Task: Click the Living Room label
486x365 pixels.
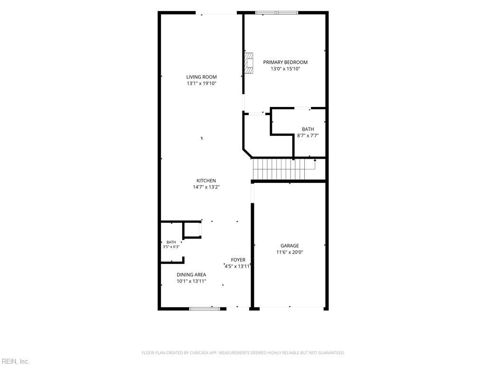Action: [201, 77]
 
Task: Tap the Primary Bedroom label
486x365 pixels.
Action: [285, 62]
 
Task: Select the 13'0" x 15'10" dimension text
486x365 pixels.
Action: [285, 68]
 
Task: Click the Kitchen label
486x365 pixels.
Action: [206, 181]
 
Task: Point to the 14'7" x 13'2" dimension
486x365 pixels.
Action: [206, 187]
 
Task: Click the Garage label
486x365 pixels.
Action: [290, 246]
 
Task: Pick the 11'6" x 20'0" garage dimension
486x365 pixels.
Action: [290, 252]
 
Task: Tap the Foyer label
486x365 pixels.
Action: [238, 260]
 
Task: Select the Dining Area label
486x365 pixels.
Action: [191, 275]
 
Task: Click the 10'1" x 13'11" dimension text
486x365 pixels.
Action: [191, 281]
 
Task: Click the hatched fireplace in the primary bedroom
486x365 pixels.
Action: [249, 63]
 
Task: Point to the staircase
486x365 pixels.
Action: [284, 169]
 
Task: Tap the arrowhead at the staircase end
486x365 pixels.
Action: [315, 160]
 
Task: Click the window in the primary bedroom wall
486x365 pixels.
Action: [277, 13]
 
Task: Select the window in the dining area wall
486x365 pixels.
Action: [205, 309]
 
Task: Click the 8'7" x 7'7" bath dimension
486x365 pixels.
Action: [308, 135]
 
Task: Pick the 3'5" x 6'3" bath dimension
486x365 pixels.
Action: [171, 247]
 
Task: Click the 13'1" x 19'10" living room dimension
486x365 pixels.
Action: [201, 84]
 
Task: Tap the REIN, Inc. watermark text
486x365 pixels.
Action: [15, 361]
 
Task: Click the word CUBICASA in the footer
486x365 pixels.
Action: [200, 353]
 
